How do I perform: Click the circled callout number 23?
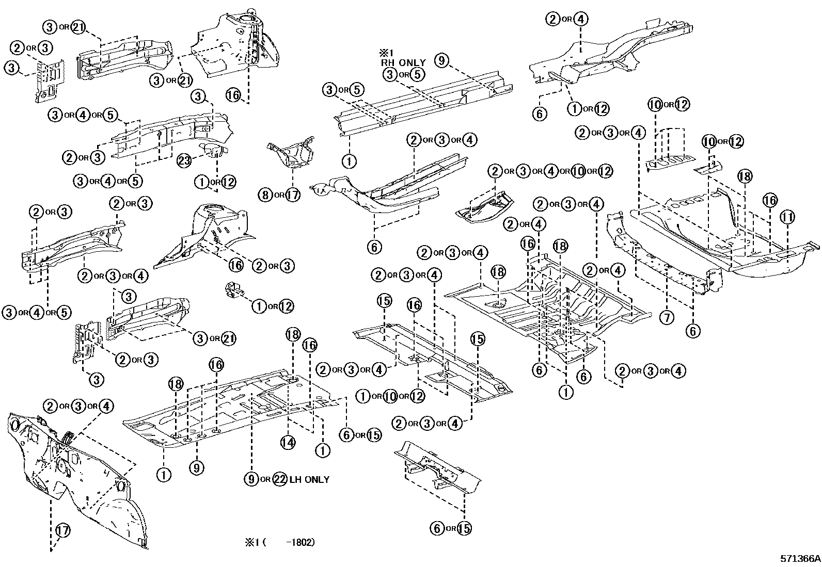point(184,160)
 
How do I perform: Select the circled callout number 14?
point(288,442)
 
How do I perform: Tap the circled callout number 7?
point(667,317)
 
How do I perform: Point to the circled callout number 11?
point(787,217)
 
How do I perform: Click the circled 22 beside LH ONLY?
point(279,479)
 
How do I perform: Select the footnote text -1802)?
point(296,543)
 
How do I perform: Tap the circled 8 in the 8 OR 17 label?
point(265,195)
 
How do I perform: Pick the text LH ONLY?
point(309,479)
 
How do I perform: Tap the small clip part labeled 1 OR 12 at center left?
point(235,290)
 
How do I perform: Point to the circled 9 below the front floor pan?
point(196,468)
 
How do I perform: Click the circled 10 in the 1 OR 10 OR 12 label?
point(390,396)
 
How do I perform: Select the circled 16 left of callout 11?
point(770,200)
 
